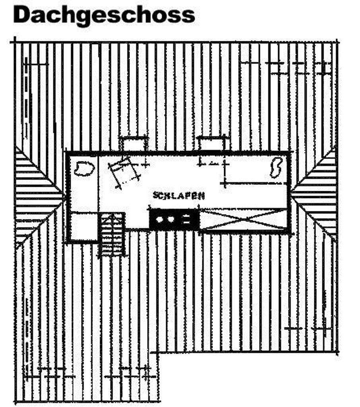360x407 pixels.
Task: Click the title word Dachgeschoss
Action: click(x=104, y=15)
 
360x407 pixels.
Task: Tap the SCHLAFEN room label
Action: click(x=179, y=195)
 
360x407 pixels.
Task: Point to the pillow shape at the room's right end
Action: click(x=275, y=167)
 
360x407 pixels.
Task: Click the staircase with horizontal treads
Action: click(x=112, y=235)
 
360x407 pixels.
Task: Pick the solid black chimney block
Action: click(x=174, y=219)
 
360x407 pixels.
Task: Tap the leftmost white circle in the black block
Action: click(x=160, y=219)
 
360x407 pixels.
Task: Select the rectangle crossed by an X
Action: click(x=243, y=219)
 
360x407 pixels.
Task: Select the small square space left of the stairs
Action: click(x=84, y=226)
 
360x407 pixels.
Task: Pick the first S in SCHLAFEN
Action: click(x=155, y=195)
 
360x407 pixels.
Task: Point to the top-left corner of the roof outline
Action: click(x=15, y=42)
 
